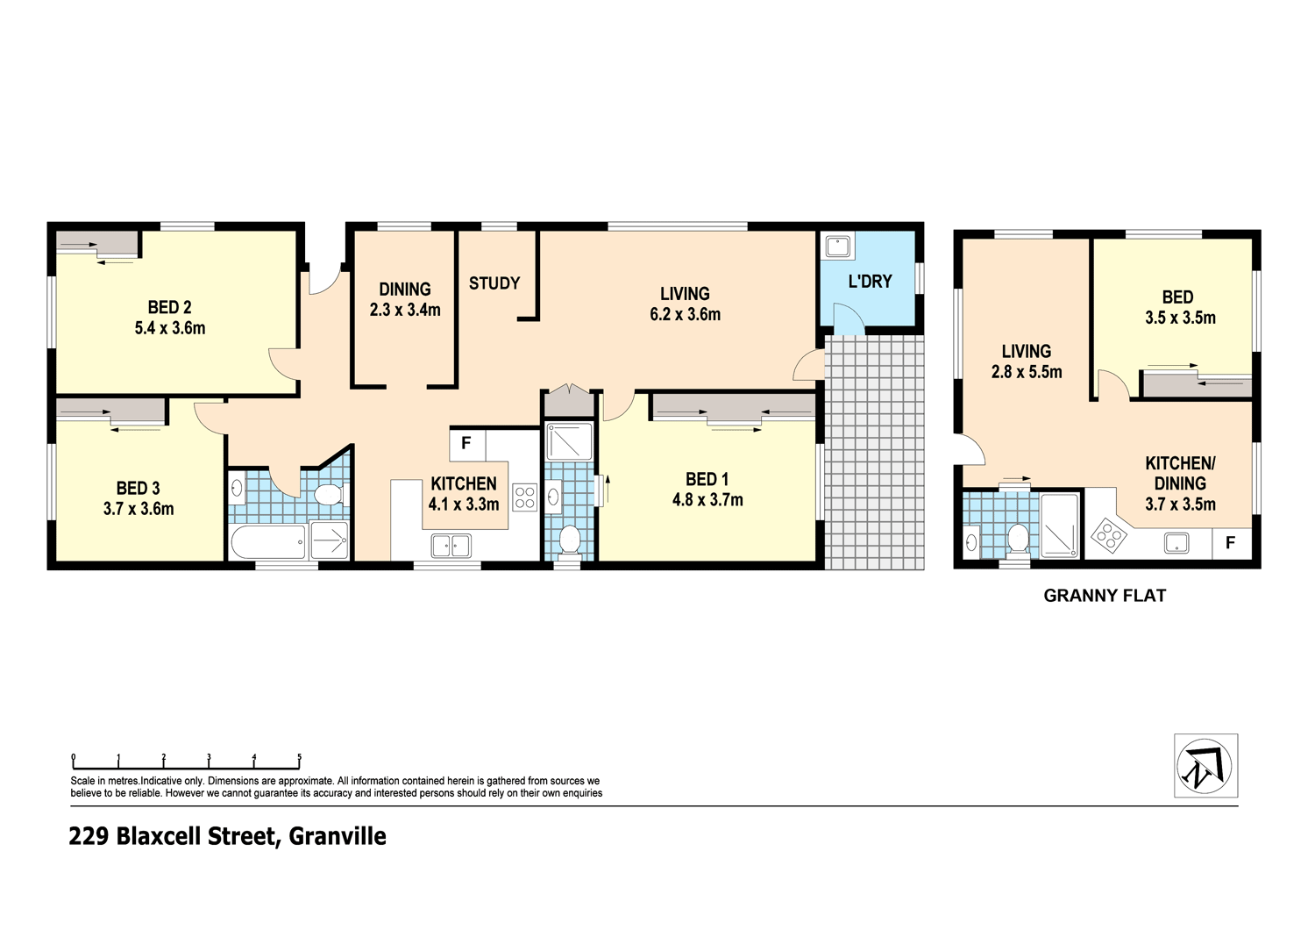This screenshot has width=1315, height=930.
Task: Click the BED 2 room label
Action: coord(169,307)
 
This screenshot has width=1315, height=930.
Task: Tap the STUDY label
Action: coord(494,283)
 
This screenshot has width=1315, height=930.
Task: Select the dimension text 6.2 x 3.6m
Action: coord(685,315)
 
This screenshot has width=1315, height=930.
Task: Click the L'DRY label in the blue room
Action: coord(870,282)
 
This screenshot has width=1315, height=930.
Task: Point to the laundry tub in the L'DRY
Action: coord(838,246)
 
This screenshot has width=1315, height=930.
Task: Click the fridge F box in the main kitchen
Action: coord(466,444)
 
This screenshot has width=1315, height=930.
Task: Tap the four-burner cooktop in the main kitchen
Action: coord(524,497)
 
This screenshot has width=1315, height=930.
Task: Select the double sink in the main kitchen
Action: coord(451,546)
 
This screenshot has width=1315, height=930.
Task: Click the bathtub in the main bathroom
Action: coord(268,541)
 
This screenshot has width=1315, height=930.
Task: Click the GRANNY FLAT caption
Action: coord(1105,596)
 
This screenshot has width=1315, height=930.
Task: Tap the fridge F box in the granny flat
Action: coord(1230,543)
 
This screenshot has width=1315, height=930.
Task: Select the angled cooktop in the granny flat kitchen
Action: coord(1108,534)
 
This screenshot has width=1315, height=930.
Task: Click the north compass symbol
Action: coord(1205,766)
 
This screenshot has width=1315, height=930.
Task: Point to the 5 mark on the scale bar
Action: coord(299,758)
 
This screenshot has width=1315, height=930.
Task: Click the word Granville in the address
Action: coord(338,836)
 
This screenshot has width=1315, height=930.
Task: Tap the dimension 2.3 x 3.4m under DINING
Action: coord(405,310)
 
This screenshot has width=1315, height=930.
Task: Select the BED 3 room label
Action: coord(138,489)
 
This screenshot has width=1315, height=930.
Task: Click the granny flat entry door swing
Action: coord(973,449)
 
